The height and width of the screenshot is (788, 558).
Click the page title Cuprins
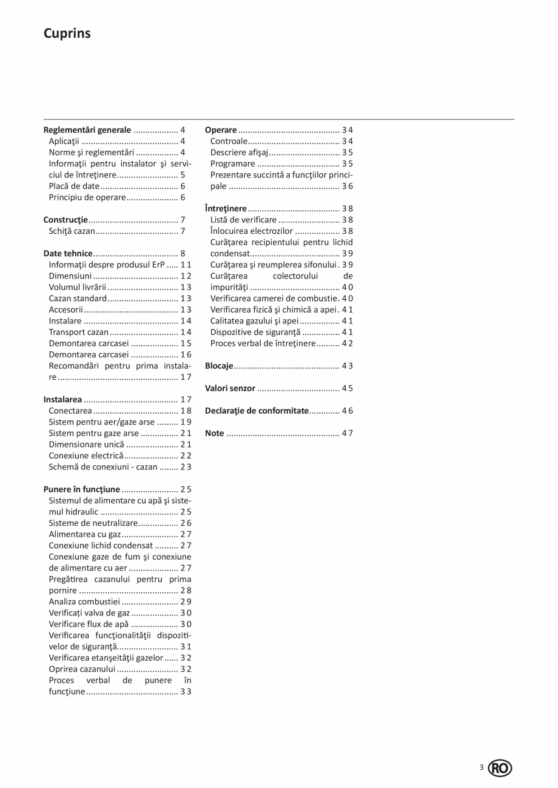click(67, 34)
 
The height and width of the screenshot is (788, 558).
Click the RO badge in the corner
click(500, 769)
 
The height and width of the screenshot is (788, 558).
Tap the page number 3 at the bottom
click(482, 767)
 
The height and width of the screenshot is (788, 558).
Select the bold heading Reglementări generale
click(87, 130)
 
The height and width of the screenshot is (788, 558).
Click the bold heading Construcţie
click(66, 220)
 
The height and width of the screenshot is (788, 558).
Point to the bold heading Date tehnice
click(68, 254)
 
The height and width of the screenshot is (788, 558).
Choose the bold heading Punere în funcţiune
click(82, 489)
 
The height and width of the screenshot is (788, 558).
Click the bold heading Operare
click(221, 130)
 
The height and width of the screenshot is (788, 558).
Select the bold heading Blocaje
click(219, 366)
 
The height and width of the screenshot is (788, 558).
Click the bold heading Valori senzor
click(230, 388)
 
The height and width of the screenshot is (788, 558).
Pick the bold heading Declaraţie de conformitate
click(257, 411)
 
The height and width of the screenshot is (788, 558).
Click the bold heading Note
click(215, 433)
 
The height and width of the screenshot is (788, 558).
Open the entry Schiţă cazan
click(72, 231)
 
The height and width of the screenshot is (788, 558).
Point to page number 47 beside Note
click(347, 433)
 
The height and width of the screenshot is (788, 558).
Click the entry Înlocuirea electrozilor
click(251, 231)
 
